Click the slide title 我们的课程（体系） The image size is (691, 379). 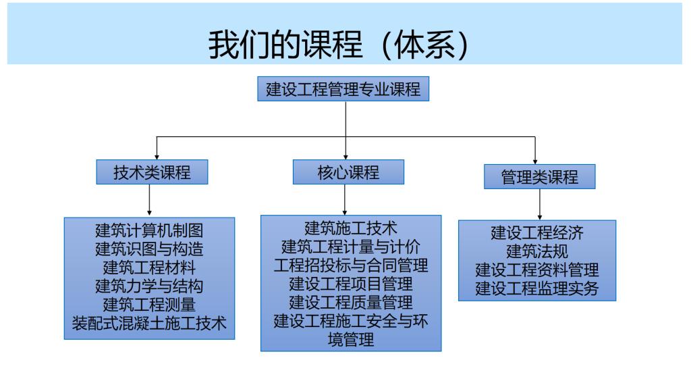(x=345, y=45)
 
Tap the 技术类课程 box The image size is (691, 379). (x=152, y=172)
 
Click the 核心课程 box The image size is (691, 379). (x=348, y=172)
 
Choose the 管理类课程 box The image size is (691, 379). (x=540, y=176)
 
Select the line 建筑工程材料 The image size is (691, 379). (x=149, y=268)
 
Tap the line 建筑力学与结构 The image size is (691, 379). (x=149, y=286)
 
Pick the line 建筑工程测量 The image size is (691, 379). (x=149, y=305)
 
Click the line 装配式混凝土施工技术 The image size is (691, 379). (x=149, y=323)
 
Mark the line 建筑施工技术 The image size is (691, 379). (x=351, y=227)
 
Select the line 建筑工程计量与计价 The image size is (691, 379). (x=351, y=245)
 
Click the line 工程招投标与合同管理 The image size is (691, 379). (x=351, y=264)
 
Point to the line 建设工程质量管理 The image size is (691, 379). (x=351, y=302)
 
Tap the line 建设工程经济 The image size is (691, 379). (x=537, y=234)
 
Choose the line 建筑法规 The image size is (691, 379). (x=537, y=252)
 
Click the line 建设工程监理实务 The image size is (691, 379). (x=537, y=289)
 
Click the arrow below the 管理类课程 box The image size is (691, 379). (x=539, y=203)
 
